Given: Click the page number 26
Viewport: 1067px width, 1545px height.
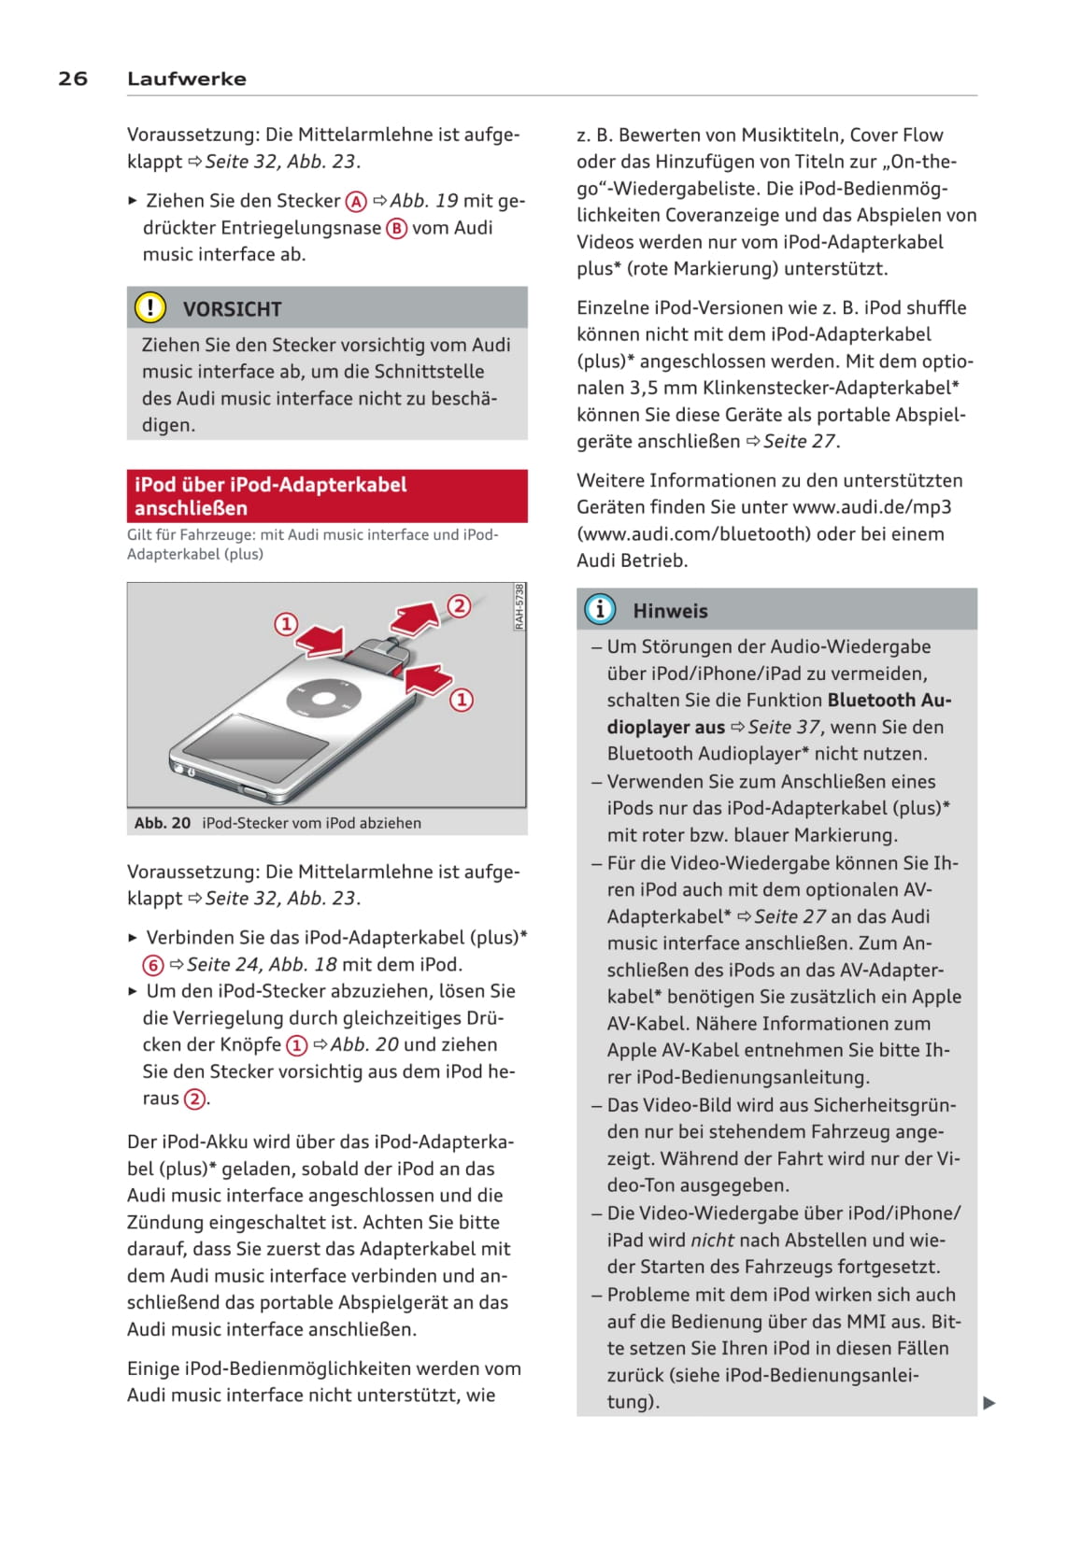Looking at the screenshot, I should point(73,78).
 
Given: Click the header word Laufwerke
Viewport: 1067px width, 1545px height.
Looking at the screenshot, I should point(187,78).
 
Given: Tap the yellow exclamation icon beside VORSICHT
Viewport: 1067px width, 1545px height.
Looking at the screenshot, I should point(150,307).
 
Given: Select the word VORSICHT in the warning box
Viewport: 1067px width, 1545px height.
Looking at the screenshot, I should point(232,309).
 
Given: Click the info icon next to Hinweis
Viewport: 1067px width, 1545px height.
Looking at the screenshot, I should point(600,609).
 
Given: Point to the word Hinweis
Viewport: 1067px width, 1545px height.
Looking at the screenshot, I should point(670,611).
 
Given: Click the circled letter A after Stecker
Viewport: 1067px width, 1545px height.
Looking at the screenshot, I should point(356,202).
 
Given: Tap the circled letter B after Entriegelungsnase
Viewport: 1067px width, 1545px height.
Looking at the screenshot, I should point(397,229).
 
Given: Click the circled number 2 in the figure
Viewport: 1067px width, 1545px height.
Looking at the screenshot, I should point(458,605).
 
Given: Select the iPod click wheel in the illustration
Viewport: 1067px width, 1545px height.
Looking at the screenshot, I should point(323,699).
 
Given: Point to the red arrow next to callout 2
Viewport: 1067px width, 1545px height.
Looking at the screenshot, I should point(416,618).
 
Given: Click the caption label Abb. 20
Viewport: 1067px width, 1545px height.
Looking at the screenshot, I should point(162,823).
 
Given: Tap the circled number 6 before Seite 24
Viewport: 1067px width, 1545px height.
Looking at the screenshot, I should point(153,965).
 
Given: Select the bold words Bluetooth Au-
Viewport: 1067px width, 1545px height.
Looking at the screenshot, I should point(889,700).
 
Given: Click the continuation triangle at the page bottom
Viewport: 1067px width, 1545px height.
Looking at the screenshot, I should point(989,1402).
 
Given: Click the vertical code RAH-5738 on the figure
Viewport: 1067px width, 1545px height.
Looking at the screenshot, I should point(519,607).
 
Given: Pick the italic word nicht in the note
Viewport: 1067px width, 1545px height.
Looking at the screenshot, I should point(713,1240).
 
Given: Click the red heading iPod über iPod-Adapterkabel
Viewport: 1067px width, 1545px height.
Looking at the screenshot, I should point(271,485).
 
